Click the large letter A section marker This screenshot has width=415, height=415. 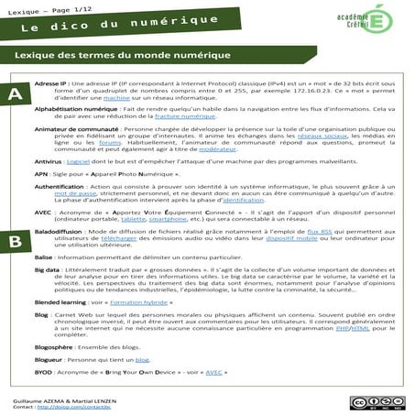pyautogui.click(x=14, y=95)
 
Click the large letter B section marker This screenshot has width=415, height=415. pyautogui.click(x=14, y=241)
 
